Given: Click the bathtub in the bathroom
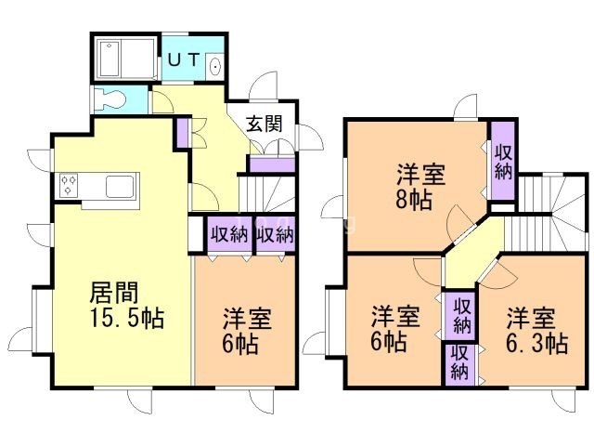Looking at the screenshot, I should (x=125, y=59).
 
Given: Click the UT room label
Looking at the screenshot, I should (x=185, y=60).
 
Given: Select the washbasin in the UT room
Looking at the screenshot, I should (x=215, y=65).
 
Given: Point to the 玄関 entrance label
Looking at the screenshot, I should (x=264, y=122).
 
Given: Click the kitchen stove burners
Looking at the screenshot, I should (x=70, y=184).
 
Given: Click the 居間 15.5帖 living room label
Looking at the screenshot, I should (x=125, y=305).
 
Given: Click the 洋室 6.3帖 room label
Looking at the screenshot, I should (x=536, y=330).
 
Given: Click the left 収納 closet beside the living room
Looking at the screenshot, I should (x=228, y=234).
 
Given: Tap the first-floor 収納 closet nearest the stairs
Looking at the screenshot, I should (x=274, y=234).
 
